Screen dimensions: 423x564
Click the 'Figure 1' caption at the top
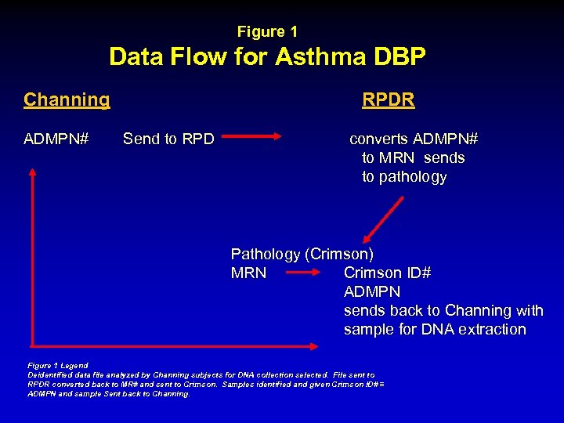tap(267, 32)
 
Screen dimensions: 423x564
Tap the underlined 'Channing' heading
tap(67, 99)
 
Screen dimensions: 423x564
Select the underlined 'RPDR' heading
tap(388, 100)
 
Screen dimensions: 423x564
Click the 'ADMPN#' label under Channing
tap(56, 139)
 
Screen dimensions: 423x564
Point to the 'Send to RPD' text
tap(168, 139)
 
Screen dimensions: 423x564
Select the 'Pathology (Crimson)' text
tap(302, 254)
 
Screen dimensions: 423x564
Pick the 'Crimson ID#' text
tap(387, 273)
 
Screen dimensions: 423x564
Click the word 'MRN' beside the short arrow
tap(248, 273)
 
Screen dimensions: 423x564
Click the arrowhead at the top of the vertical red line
tap(32, 172)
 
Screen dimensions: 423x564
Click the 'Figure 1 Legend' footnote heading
tap(58, 365)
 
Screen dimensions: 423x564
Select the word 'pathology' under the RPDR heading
tap(404, 177)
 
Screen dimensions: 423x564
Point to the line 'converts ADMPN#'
tap(413, 139)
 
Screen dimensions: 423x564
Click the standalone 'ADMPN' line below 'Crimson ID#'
tap(372, 291)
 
